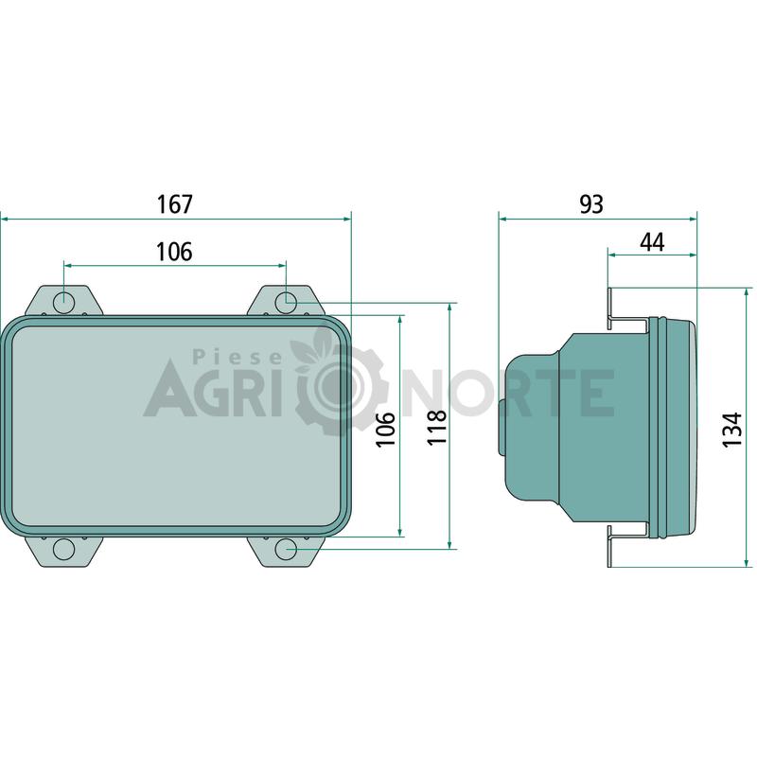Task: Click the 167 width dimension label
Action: pos(175,204)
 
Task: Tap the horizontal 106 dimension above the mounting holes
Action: pos(175,252)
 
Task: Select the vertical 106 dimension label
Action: pos(386,430)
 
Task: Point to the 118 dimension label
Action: pos(437,428)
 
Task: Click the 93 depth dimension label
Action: pos(591,204)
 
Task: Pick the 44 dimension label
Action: pos(652,242)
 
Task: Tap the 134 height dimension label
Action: pos(731,430)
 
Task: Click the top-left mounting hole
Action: pos(63,303)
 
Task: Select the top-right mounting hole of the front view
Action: pos(286,303)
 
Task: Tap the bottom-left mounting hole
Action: pos(63,550)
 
